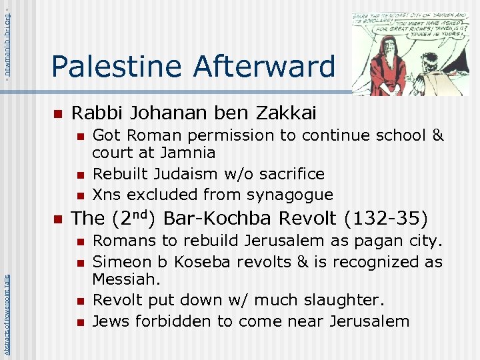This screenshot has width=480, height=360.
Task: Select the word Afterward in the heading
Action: (x=265, y=66)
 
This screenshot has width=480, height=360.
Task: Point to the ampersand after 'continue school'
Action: (x=437, y=135)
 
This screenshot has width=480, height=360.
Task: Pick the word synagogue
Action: (x=290, y=195)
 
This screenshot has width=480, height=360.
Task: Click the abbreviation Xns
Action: (x=107, y=195)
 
